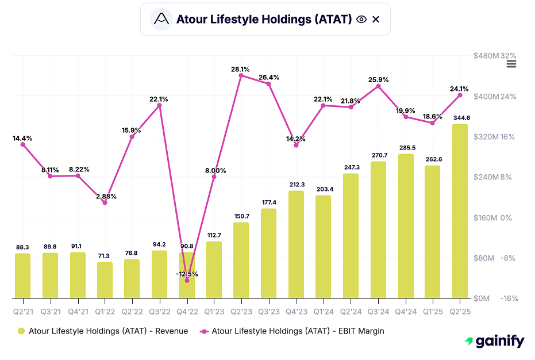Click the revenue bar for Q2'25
tap(460, 211)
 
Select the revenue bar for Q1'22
tap(105, 280)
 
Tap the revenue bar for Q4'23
tap(296, 244)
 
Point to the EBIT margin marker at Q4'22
tap(187, 281)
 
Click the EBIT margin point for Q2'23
tap(241, 75)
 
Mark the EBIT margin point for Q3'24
tap(378, 86)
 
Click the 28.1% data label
tap(241, 68)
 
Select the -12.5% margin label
tap(187, 274)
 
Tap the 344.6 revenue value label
tap(460, 117)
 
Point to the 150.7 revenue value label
tap(241, 216)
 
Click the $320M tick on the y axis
tap(484, 137)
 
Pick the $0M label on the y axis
tap(482, 298)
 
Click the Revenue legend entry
tap(102, 331)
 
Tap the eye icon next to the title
tap(361, 20)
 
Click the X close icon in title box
tap(376, 20)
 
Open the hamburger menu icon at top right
tap(511, 64)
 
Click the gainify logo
tap(494, 342)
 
